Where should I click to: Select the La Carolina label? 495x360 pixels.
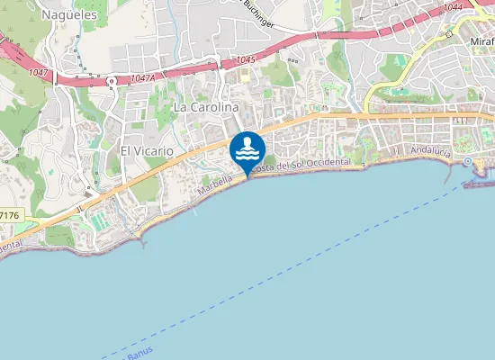[206, 106]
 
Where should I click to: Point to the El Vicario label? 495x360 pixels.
[146, 151]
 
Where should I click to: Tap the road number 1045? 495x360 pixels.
[244, 60]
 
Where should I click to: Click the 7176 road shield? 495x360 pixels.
[9, 216]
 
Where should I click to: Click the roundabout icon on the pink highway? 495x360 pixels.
[111, 81]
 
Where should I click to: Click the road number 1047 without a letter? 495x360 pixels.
[39, 71]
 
